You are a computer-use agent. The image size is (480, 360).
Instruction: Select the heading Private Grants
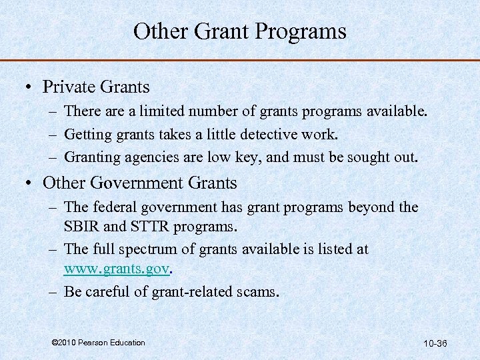click(96, 87)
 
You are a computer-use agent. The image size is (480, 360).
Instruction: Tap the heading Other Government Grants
click(139, 182)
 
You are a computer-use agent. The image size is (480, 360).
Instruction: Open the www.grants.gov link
click(117, 269)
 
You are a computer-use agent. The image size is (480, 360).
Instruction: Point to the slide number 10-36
click(435, 343)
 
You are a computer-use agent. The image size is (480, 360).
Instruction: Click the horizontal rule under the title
click(240, 61)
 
